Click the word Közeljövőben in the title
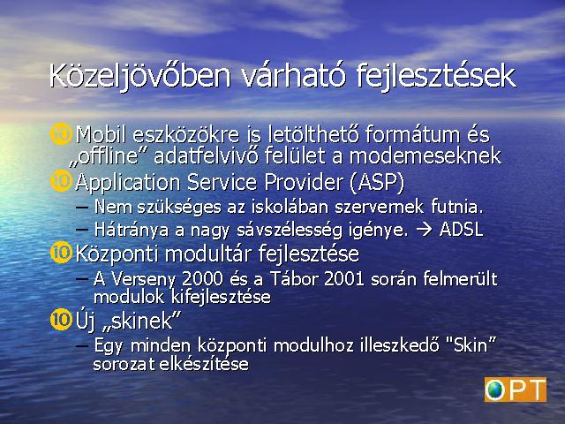(x=139, y=77)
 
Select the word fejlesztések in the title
(x=436, y=77)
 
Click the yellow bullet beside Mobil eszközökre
(x=61, y=134)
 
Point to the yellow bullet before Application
(x=61, y=181)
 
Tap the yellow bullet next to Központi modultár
(x=61, y=253)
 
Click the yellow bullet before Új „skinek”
(x=61, y=320)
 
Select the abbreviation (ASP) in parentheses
(x=377, y=183)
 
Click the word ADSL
(x=461, y=230)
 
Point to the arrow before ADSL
(x=424, y=230)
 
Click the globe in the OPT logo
(x=494, y=390)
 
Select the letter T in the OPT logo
(x=534, y=390)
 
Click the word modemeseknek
(x=426, y=156)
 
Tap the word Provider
(x=303, y=183)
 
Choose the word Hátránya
(x=132, y=230)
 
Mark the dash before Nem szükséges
(x=82, y=208)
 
